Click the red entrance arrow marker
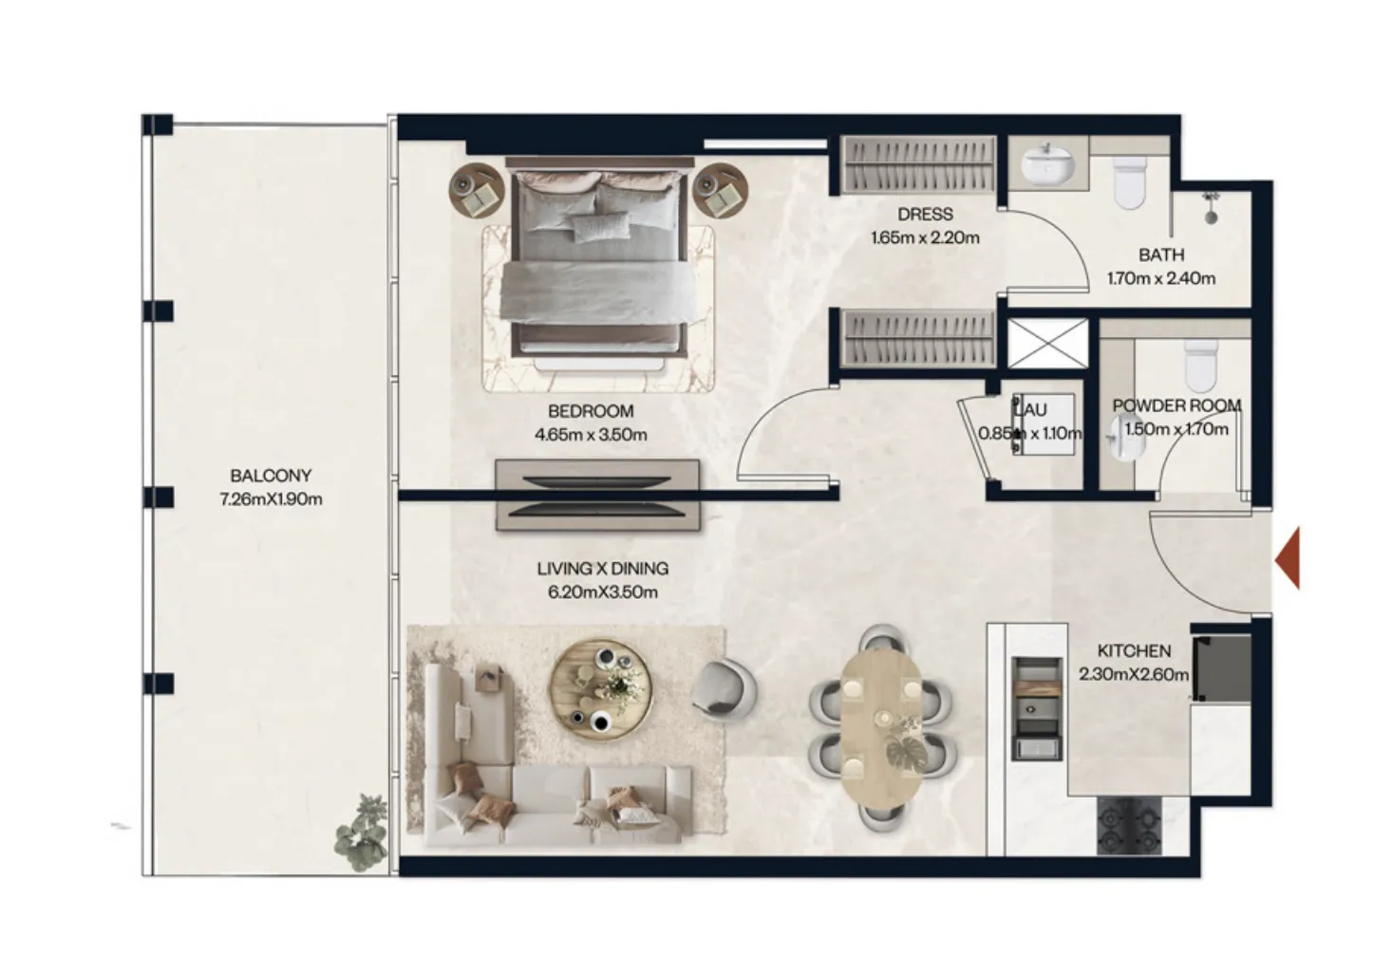(1288, 560)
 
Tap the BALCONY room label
(271, 476)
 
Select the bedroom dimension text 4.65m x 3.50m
(591, 435)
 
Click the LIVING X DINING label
(602, 569)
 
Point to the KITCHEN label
(1134, 651)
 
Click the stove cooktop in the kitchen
(1129, 825)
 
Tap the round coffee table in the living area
(600, 690)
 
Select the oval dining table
(880, 726)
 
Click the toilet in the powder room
(1200, 365)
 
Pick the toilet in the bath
(1130, 182)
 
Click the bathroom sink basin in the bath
(1047, 162)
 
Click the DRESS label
(925, 215)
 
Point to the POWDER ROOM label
(1176, 405)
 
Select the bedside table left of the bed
(476, 190)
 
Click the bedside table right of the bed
(720, 190)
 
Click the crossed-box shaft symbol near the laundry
(1046, 343)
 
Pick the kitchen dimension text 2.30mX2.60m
(1134, 675)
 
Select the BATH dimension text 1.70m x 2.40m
(1160, 278)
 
